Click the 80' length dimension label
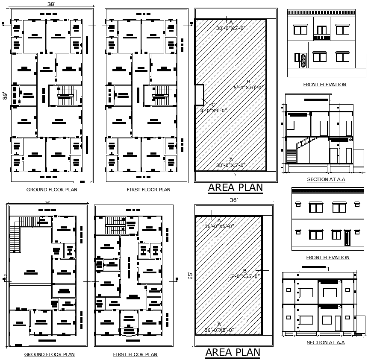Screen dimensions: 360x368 point(5,96)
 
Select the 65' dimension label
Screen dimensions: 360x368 point(191,275)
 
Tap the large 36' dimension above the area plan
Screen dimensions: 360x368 point(233,200)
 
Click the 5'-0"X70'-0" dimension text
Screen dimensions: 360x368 point(249,87)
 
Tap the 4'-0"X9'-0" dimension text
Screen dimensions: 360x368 point(213,110)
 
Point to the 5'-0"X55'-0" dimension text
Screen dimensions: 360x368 point(245,276)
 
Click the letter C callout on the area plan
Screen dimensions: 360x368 point(214,105)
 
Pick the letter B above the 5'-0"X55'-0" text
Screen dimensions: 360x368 point(245,271)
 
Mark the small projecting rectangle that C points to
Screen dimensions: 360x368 point(199,94)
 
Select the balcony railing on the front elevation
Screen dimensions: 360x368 point(322,38)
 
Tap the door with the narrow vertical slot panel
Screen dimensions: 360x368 point(347,237)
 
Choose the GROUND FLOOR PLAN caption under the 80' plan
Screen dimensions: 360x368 point(52,190)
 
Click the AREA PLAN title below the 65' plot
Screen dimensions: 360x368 point(233,352)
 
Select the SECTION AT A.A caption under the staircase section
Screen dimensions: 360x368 point(326,179)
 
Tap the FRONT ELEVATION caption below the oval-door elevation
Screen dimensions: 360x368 point(324,85)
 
